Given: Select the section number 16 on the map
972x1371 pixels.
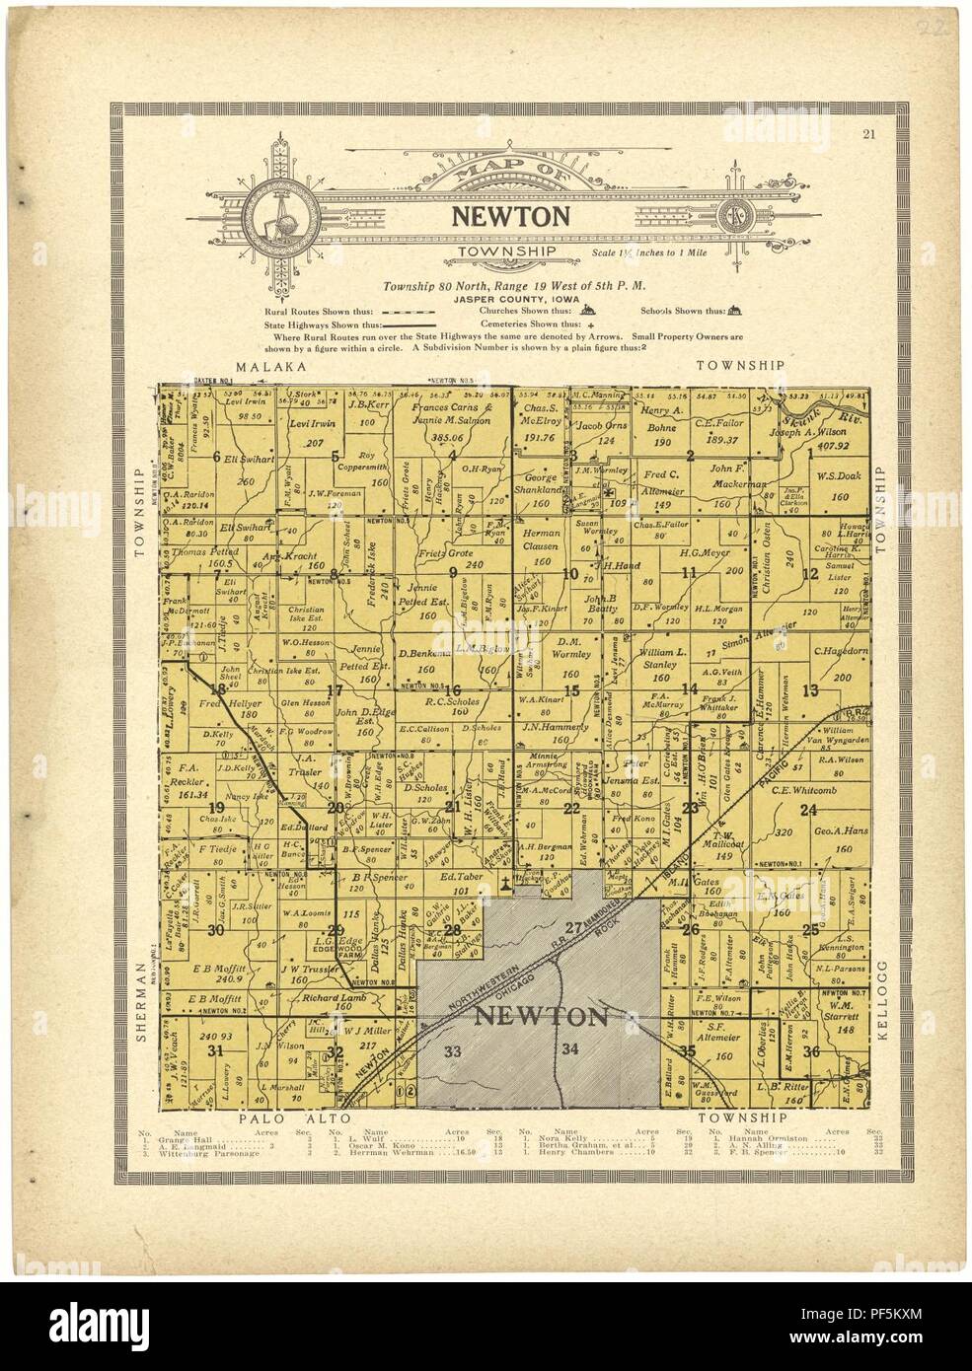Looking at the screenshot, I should coord(454,689).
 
